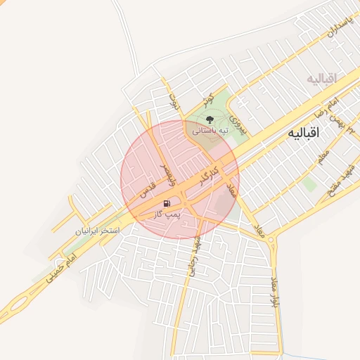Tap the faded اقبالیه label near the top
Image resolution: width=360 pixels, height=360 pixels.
321,77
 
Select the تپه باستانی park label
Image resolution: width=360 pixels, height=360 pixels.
210,131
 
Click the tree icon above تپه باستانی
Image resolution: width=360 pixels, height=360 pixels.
208,118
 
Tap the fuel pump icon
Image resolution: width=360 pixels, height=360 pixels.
166,203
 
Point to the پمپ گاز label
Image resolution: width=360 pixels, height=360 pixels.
169,213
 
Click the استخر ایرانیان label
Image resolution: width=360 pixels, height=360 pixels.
98,231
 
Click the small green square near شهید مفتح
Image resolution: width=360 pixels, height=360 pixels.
310,184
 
